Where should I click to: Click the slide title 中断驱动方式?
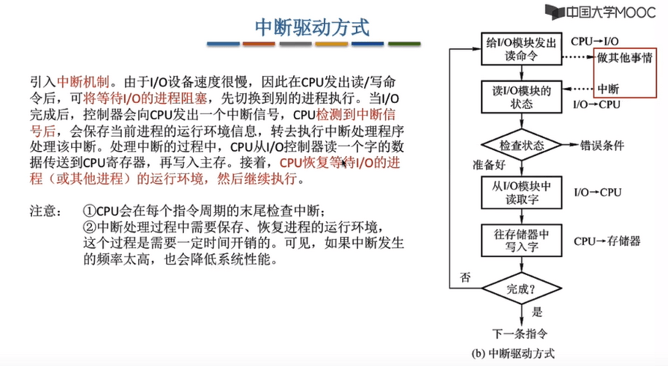tap(312, 27)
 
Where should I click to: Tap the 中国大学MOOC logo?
tap(600, 12)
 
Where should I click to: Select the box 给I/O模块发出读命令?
tap(521, 49)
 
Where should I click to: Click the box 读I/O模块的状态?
tap(521, 97)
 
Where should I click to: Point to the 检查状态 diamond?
tap(521, 145)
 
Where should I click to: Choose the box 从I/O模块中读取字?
tap(521, 193)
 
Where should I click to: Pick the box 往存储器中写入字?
tap(521, 241)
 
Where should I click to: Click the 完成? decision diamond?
tap(521, 288)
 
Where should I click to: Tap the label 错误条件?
tap(602, 146)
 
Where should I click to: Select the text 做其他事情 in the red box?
tap(625, 58)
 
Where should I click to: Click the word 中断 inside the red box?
tap(608, 89)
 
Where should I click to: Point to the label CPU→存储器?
tap(607, 241)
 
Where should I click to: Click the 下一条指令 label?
tap(520, 333)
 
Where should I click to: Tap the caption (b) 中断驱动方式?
tap(513, 354)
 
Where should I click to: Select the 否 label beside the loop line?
tap(465, 277)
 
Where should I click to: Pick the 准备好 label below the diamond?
tap(489, 165)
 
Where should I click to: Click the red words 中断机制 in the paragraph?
tap(83, 81)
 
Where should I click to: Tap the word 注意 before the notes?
tap(46, 211)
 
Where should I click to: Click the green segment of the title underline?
tap(404, 43)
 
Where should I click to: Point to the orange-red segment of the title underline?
tap(259, 43)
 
